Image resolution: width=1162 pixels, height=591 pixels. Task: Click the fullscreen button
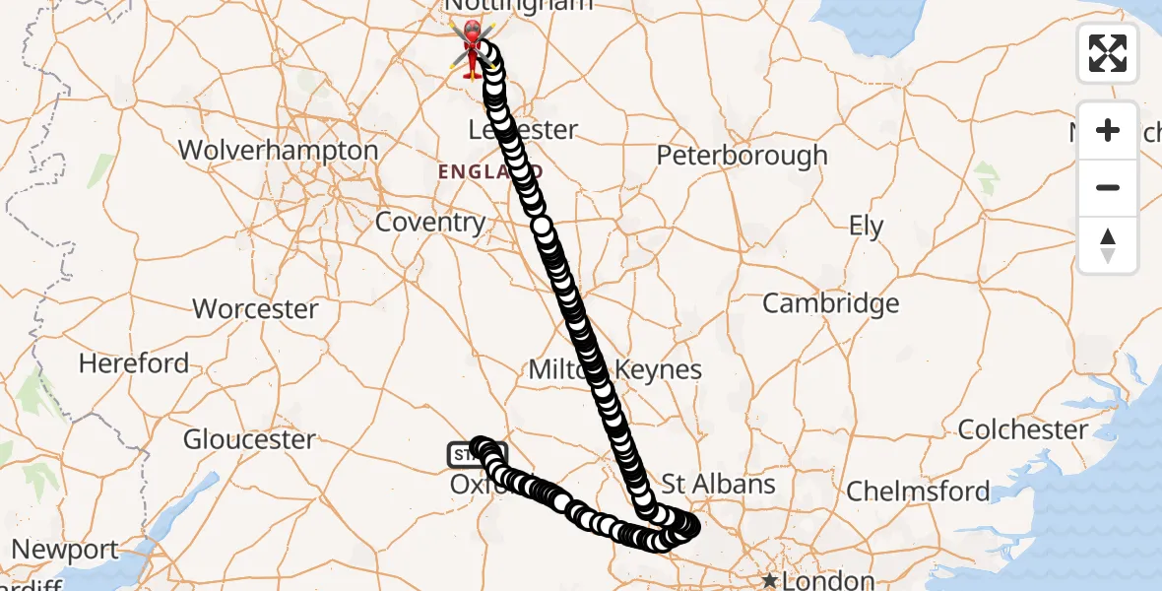pyautogui.click(x=1108, y=53)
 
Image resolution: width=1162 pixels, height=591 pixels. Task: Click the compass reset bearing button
pyautogui.click(x=1108, y=245)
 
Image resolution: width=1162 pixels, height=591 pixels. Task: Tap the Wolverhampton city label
pyautogui.click(x=279, y=151)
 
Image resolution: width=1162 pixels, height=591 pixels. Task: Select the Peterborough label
pyautogui.click(x=742, y=156)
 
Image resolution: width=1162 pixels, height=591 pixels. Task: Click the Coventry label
pyautogui.click(x=430, y=223)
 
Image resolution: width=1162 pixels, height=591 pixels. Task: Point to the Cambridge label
pyautogui.click(x=831, y=303)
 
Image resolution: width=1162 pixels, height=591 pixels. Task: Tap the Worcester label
pyautogui.click(x=256, y=309)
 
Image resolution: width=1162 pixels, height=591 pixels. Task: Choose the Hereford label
pyautogui.click(x=134, y=363)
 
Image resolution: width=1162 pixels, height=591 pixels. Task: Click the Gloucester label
pyautogui.click(x=250, y=439)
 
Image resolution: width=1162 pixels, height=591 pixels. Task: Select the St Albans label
pyautogui.click(x=718, y=484)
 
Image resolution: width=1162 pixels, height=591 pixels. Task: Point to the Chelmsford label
pyautogui.click(x=918, y=491)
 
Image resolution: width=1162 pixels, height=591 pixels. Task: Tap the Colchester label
pyautogui.click(x=1023, y=429)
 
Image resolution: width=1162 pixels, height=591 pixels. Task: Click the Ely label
pyautogui.click(x=867, y=227)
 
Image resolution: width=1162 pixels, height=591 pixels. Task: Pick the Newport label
pyautogui.click(x=66, y=549)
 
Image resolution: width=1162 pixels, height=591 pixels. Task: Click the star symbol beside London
pyautogui.click(x=769, y=581)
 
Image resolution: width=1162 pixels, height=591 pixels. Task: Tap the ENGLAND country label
pyautogui.click(x=476, y=172)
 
